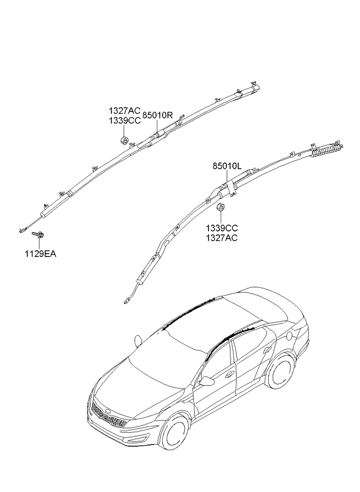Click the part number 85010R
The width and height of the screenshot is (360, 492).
[158, 115]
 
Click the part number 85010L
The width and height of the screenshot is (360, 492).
[226, 167]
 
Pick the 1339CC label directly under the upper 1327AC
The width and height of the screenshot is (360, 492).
[124, 121]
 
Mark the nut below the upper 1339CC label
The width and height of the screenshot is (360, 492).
[124, 140]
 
